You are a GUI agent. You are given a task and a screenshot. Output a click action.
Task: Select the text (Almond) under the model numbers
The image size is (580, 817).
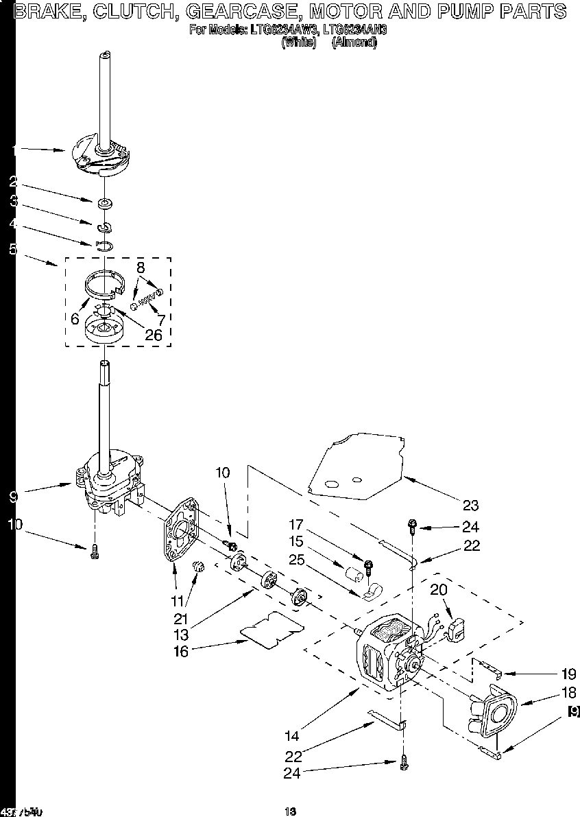(354, 42)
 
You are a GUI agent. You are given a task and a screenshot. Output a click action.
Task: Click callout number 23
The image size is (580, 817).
(470, 506)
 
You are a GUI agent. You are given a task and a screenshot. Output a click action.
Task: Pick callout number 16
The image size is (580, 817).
(181, 652)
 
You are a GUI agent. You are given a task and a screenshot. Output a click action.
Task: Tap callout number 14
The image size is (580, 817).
(292, 736)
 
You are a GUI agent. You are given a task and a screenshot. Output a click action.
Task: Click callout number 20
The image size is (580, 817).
(439, 589)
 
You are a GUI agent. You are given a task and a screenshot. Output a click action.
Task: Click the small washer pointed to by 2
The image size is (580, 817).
(105, 203)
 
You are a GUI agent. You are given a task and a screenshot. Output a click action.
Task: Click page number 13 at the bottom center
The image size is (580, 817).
(290, 812)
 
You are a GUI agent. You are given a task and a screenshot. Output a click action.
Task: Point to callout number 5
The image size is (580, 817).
(13, 250)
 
